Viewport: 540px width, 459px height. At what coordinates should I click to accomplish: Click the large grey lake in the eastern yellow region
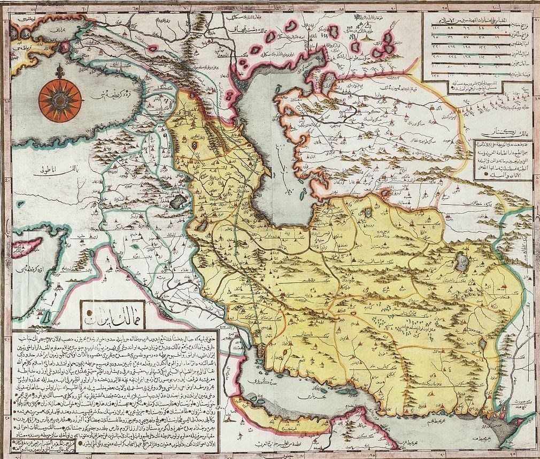460,262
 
